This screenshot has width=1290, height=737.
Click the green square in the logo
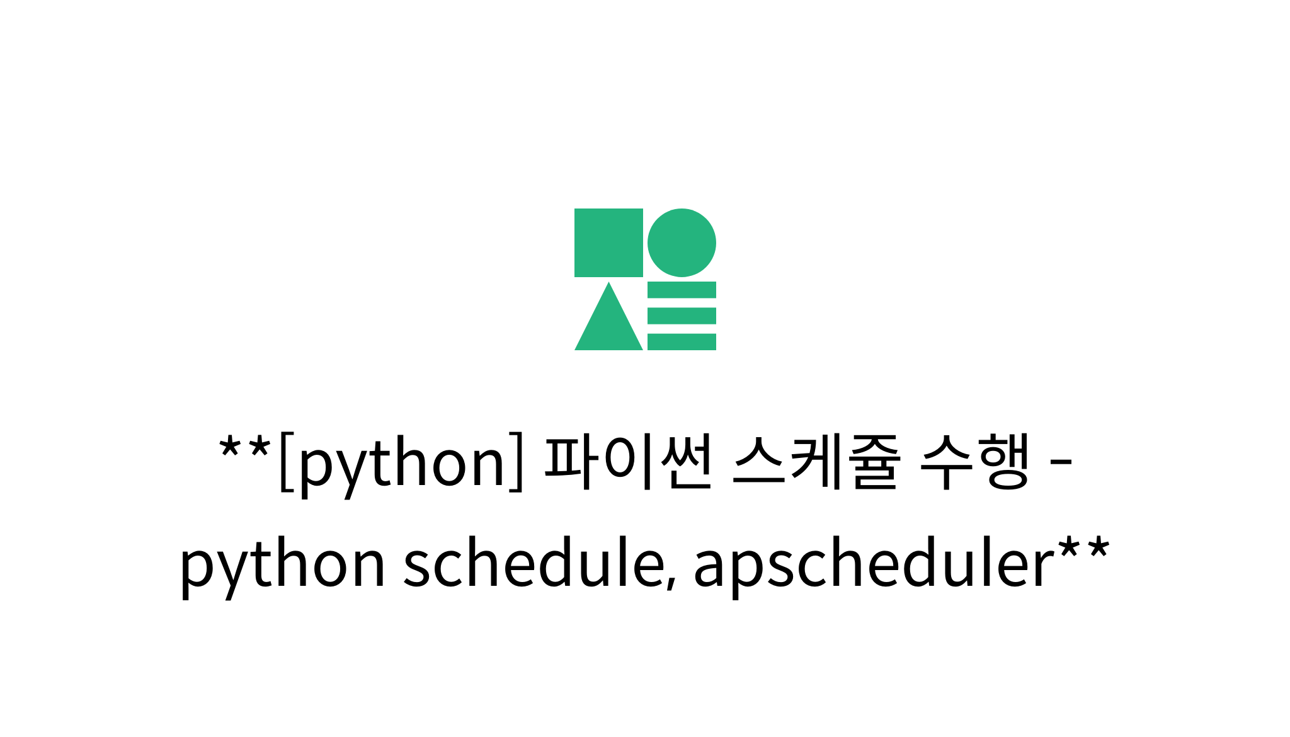point(608,243)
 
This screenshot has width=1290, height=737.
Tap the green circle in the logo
point(682,243)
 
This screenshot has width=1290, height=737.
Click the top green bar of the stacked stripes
point(682,290)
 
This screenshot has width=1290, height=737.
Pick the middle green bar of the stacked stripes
point(682,316)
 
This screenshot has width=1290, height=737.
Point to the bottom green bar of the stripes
point(682,341)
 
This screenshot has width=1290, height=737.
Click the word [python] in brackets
point(401,463)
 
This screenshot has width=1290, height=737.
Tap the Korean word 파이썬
point(628,462)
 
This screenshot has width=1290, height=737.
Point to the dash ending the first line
point(1061,464)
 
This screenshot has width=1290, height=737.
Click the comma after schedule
point(672,583)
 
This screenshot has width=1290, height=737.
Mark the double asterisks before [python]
point(244,449)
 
